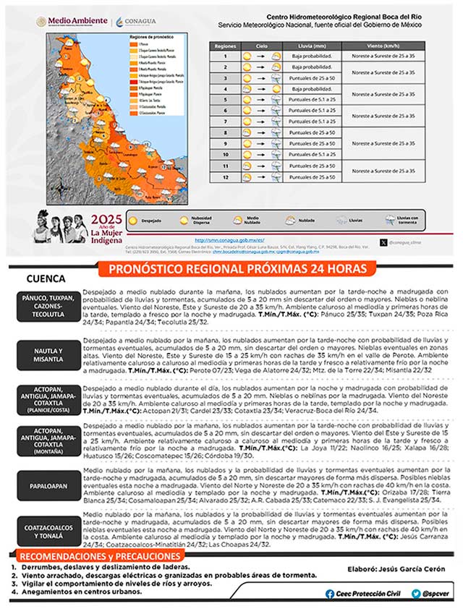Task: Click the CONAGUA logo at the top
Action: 135,22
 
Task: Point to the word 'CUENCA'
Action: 46,278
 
